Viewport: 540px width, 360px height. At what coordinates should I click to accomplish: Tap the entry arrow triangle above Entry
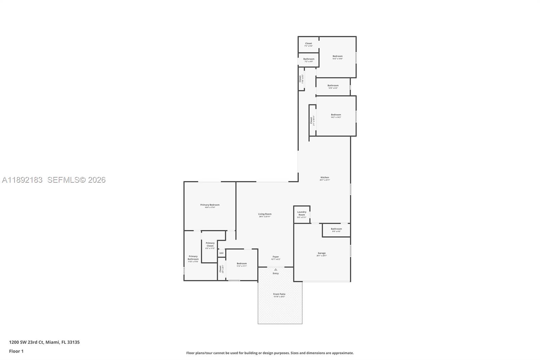276,269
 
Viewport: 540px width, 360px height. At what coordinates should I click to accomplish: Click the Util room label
221,253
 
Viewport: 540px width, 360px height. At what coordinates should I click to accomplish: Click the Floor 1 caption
16,351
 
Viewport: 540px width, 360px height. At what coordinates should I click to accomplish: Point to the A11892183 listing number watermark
22,180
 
